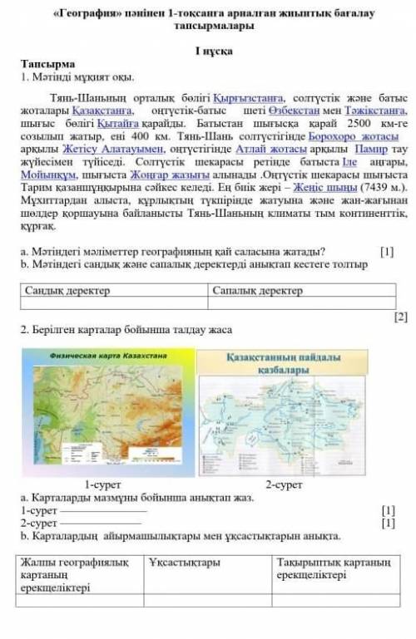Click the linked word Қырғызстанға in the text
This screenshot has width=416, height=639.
(245, 96)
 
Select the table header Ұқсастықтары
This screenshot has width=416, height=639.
(185, 563)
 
